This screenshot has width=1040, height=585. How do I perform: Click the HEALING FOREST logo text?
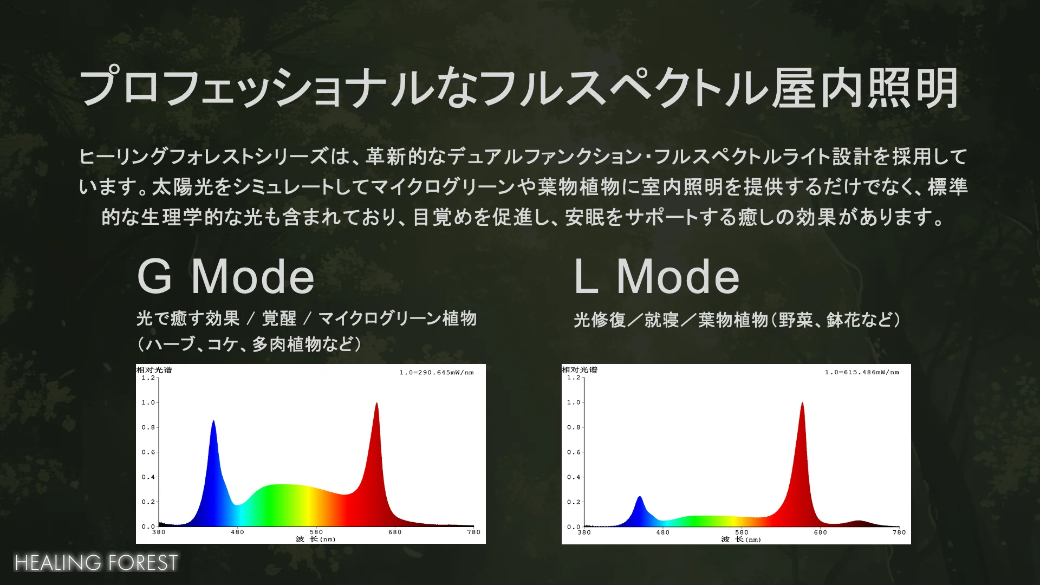[96, 563]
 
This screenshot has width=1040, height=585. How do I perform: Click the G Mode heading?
[226, 276]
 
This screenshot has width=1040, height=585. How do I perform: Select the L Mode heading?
[656, 276]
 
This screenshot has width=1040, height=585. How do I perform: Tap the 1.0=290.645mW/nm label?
[437, 373]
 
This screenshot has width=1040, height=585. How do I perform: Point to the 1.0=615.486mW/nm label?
[862, 373]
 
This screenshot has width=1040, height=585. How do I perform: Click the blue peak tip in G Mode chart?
[213, 421]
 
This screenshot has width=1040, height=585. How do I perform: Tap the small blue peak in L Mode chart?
[640, 497]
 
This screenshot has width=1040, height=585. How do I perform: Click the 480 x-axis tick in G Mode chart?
[237, 532]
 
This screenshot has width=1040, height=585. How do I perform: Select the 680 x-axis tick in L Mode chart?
[821, 532]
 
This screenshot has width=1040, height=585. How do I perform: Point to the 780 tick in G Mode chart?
[474, 532]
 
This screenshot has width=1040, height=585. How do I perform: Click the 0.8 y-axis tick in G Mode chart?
[148, 427]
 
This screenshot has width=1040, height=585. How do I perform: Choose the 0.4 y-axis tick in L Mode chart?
[573, 477]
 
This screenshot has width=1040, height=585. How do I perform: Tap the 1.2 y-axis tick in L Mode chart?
[573, 378]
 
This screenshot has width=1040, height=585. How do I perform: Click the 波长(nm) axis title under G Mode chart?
[316, 539]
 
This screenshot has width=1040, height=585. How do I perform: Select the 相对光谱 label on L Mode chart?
[580, 370]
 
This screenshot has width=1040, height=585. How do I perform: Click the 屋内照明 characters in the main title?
[864, 88]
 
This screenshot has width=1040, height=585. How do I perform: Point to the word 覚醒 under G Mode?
[279, 318]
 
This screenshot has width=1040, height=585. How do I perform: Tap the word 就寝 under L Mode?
[661, 320]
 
